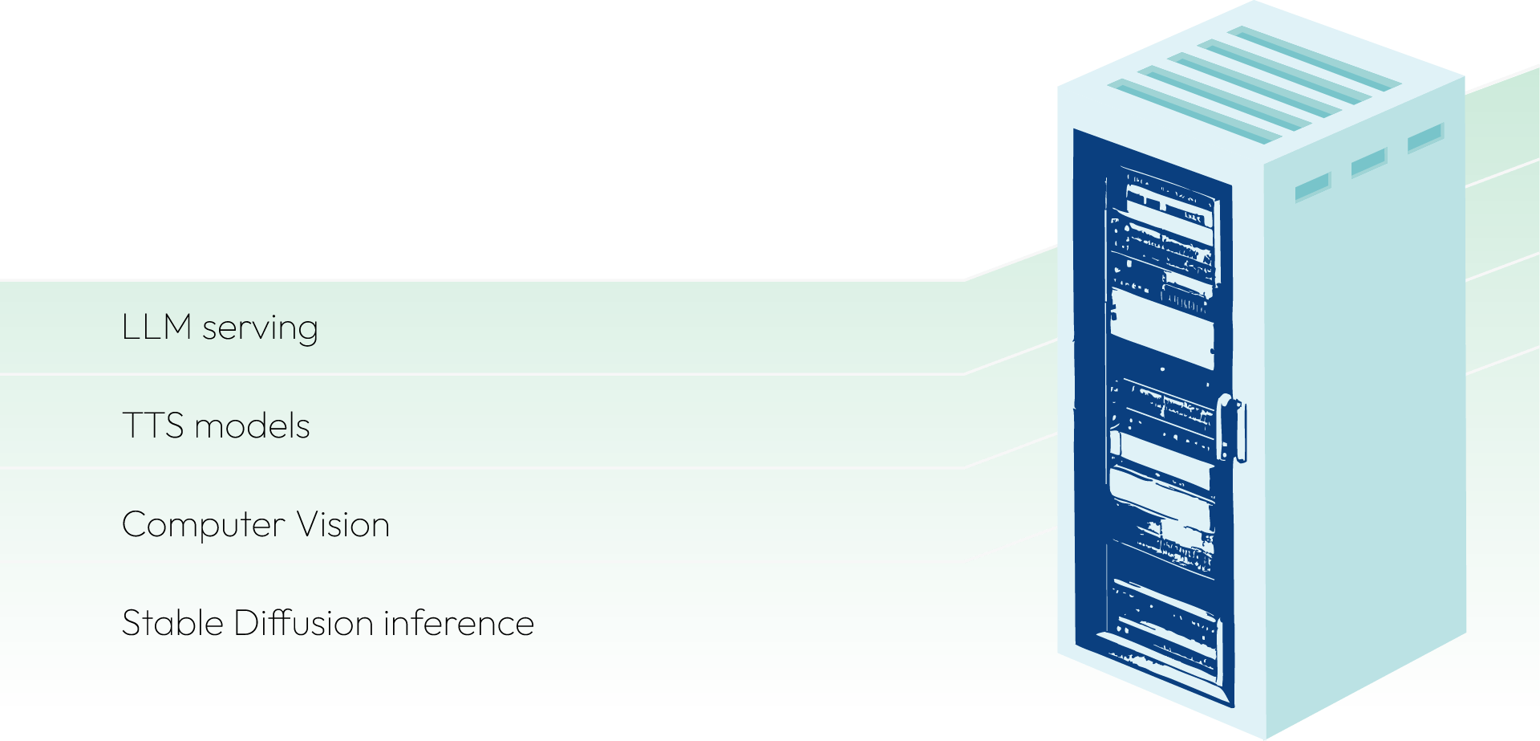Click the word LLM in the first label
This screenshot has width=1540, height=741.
pyautogui.click(x=156, y=328)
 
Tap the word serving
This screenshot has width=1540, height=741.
pyautogui.click(x=260, y=329)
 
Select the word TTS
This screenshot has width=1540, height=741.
pyautogui.click(x=152, y=426)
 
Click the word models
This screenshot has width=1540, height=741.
pyautogui.click(x=252, y=426)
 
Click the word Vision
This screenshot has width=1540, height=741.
pyautogui.click(x=342, y=525)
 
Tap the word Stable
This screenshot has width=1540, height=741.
pyautogui.click(x=172, y=623)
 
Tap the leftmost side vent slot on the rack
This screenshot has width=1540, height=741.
pyautogui.click(x=1312, y=187)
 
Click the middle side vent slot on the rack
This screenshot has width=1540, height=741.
pyautogui.click(x=1368, y=162)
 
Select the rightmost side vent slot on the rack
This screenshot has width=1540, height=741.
pyautogui.click(x=1425, y=137)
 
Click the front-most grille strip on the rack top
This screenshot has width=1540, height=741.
pyautogui.click(x=1187, y=112)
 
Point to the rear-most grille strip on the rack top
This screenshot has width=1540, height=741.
pyautogui.click(x=1315, y=56)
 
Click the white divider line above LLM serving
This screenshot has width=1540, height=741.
pyautogui.click(x=481, y=280)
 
